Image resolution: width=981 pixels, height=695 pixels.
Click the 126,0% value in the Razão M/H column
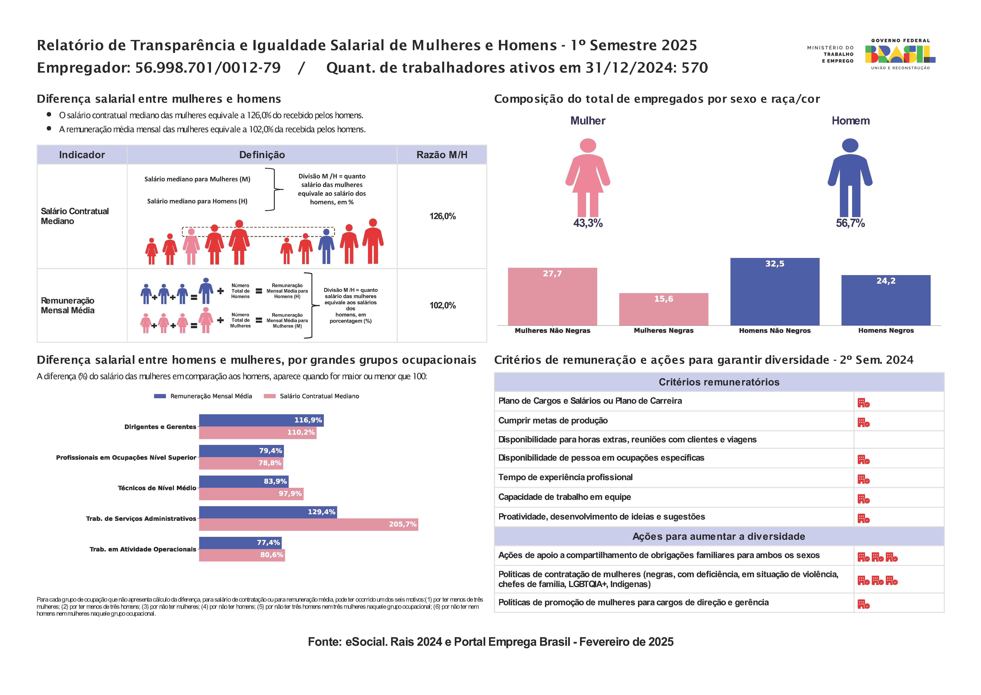(x=442, y=216)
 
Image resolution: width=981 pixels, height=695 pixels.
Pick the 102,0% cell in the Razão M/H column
(x=442, y=305)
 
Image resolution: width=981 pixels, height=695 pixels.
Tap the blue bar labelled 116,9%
(x=261, y=420)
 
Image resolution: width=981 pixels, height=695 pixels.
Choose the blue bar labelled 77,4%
(x=241, y=543)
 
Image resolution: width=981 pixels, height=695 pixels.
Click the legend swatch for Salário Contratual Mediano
(x=270, y=396)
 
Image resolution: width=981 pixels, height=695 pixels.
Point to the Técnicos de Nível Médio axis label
(x=157, y=488)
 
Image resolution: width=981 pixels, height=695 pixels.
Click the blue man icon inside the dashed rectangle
(x=326, y=246)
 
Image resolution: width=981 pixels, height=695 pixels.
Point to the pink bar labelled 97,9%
(x=251, y=494)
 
